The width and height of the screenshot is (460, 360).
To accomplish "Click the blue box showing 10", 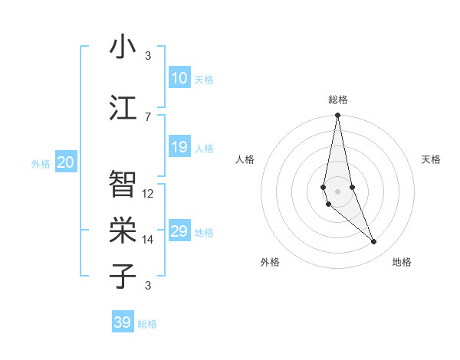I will click(179, 78).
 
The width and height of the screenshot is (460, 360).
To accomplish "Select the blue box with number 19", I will click(179, 148).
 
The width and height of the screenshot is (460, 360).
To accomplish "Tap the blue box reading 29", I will click(179, 232).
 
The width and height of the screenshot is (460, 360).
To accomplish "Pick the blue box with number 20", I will click(66, 162).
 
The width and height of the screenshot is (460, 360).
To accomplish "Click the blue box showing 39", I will click(123, 322).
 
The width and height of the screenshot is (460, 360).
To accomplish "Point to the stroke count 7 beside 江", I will click(148, 116).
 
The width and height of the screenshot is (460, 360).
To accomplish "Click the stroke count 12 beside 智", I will click(148, 194).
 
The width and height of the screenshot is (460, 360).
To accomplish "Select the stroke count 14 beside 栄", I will click(148, 240).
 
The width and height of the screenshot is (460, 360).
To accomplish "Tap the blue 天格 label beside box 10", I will click(204, 79).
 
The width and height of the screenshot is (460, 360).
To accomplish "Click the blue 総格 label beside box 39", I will click(147, 324).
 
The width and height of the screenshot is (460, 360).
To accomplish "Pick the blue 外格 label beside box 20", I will click(41, 163).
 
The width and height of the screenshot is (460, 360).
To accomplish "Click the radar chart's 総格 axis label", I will click(338, 100).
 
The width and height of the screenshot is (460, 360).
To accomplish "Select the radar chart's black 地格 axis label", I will click(402, 262).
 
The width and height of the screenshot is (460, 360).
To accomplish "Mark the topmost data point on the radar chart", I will click(337, 116).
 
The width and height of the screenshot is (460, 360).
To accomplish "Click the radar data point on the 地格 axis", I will click(374, 242).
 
